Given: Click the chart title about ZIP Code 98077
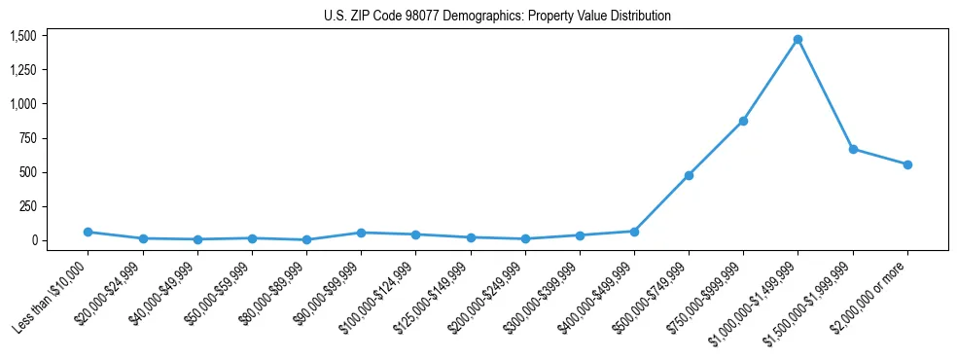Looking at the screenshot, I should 497,17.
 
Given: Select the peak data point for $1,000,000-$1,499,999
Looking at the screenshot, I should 797,40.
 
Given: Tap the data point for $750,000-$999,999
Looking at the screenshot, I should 743,121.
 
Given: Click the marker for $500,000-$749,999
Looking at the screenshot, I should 689,175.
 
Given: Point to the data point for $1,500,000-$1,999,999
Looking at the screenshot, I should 853,149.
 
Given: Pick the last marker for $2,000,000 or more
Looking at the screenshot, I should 907,164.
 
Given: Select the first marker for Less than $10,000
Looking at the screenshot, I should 88,232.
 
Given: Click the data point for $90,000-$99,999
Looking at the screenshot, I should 361,233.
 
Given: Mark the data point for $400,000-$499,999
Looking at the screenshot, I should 634,232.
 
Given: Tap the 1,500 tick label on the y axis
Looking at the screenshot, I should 23,36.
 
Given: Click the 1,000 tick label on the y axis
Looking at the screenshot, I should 23,104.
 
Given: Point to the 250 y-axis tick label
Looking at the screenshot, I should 27,206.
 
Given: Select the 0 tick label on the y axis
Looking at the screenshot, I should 32,240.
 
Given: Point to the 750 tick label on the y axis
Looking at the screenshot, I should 27,138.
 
